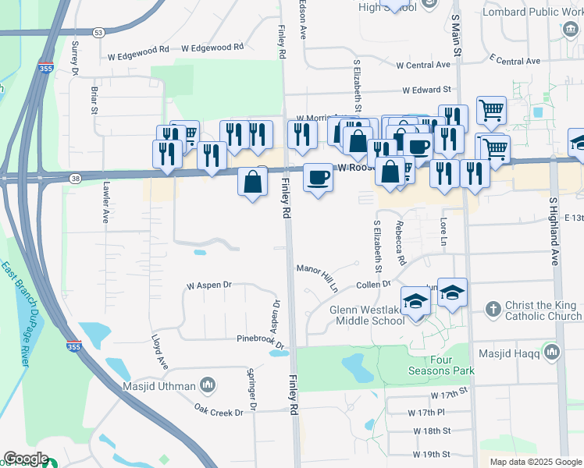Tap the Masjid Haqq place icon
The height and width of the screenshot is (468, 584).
click(553, 353)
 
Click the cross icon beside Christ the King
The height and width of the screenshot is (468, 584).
click(493, 310)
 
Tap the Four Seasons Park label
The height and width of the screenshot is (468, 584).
click(440, 365)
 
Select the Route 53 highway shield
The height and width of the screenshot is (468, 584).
click(98, 33)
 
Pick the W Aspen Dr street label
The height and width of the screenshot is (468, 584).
click(209, 285)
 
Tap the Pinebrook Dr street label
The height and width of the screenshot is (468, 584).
click(261, 341)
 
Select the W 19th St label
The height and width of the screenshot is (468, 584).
click(429, 454)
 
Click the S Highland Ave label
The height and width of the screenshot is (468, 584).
click(554, 232)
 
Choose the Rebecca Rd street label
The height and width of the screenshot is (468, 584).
click(401, 243)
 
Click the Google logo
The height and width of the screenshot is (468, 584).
click(25, 459)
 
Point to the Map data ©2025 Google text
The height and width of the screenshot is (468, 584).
click(536, 462)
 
